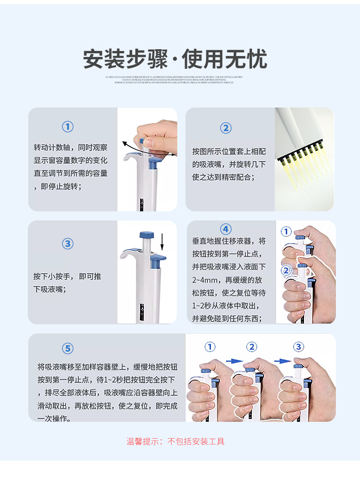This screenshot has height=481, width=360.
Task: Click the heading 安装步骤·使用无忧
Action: (175, 59)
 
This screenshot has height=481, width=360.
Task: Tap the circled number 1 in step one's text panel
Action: (67, 127)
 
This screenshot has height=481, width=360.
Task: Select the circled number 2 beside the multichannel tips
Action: (226, 128)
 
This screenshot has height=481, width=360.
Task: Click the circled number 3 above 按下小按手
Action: (67, 244)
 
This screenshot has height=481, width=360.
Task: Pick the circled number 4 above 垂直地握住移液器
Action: (226, 229)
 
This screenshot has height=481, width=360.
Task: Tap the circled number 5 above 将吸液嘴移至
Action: (67, 348)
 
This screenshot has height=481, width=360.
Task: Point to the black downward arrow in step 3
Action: (162, 241)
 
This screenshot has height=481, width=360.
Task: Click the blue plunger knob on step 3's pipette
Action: (146, 235)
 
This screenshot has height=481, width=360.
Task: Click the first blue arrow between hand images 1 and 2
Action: (234, 361)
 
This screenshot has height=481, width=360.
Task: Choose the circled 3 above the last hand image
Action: (298, 347)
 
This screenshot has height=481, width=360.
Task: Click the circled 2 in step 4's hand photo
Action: (286, 271)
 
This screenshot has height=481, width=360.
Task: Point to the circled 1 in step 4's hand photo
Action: (286, 232)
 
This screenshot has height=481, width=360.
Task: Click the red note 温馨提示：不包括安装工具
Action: (175, 441)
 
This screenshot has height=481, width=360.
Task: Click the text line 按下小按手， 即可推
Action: (67, 276)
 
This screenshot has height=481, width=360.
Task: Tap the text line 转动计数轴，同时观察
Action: (71, 148)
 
